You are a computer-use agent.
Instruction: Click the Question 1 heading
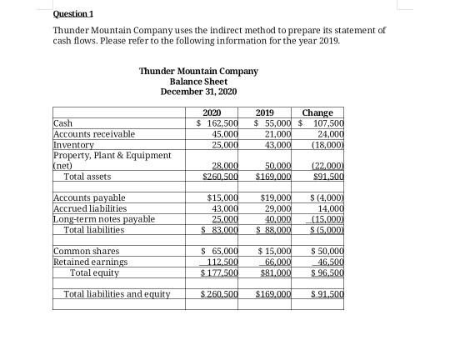point(72,14)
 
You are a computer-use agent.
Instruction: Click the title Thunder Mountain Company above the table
point(198,71)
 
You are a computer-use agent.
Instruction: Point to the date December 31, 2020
point(198,92)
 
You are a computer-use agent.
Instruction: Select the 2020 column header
point(212,113)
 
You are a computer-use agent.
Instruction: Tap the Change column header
point(317,113)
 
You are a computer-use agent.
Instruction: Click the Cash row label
point(62,123)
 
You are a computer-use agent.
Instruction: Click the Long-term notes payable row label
point(103,219)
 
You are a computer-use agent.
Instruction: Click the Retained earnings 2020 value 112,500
point(222,262)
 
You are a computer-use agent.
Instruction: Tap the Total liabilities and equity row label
point(117,294)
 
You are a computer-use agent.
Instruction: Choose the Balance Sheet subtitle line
point(198,82)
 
